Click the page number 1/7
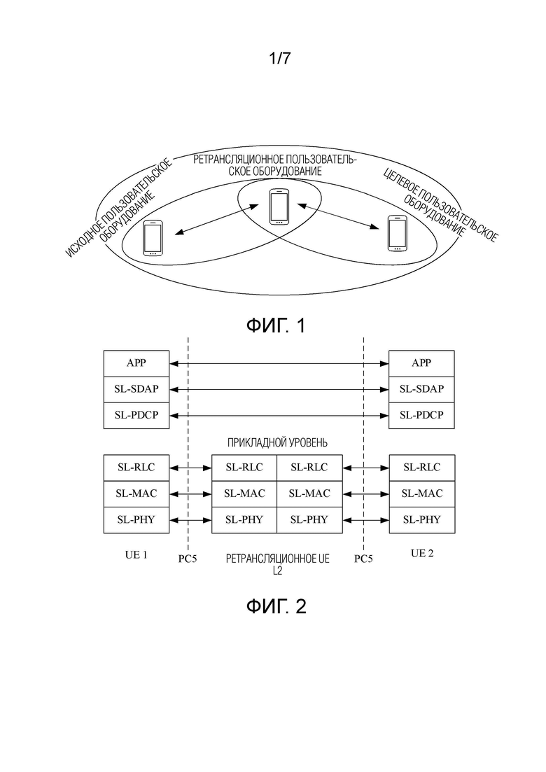pos(279,59)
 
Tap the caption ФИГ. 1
pos(276,325)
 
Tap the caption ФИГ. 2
pos(276,606)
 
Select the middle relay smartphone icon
pos(279,206)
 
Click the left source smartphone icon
pos(153,238)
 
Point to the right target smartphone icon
pos(397,233)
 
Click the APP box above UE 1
pos(136,363)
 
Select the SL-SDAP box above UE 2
pos(421,389)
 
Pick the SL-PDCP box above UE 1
pos(136,416)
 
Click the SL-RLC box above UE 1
pos(136,468)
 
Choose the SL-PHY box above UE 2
pos(421,520)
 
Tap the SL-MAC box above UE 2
pos(421,494)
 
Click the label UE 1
pos(136,555)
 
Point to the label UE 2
pos(422,554)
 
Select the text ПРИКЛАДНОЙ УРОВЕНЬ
pos(277,442)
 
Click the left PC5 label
pos(187,559)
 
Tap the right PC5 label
pos(363,559)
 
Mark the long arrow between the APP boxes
pos(279,364)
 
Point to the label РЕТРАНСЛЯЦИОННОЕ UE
pos(278,559)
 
